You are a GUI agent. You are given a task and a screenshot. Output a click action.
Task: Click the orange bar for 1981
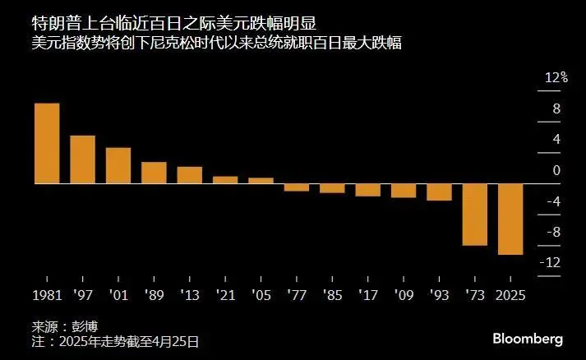[x=46, y=143]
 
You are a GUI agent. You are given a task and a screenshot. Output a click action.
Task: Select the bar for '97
[x=82, y=159]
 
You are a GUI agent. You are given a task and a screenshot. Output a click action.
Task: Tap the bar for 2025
[x=510, y=219]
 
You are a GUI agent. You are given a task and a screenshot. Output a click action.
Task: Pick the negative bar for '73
[x=474, y=214]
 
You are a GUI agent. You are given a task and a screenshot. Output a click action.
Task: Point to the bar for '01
[x=118, y=165]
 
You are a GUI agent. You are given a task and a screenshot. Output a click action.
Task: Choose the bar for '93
[x=439, y=192]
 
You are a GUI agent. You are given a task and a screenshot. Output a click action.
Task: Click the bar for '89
[x=154, y=173]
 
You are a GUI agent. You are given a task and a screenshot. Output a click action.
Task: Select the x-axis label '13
[x=189, y=293]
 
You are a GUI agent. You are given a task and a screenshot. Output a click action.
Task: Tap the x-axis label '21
[x=225, y=293]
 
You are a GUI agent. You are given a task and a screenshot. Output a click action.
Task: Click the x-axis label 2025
[x=510, y=293]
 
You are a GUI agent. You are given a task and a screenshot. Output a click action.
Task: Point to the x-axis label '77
[x=297, y=293]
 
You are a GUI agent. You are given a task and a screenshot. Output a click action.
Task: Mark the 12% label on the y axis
[x=556, y=77]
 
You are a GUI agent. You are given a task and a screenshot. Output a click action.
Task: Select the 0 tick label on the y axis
[x=556, y=170]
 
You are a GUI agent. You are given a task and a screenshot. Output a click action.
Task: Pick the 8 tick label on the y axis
[x=556, y=108]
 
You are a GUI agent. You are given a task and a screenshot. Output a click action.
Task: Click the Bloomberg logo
[x=527, y=339]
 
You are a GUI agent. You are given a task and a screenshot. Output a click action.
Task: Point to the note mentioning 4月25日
[x=114, y=340]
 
